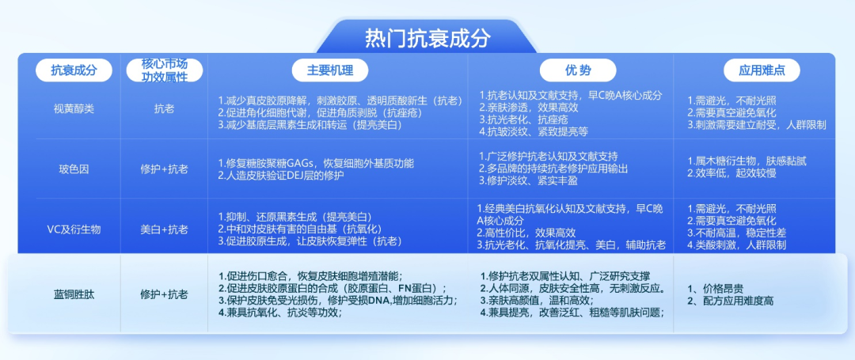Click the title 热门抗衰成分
point(427,39)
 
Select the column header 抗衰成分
point(74,70)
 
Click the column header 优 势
point(577,70)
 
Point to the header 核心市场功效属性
point(164,70)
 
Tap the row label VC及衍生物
point(74,229)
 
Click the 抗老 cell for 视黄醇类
point(164,108)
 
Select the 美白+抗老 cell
point(164,229)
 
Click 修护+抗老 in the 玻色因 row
point(164,169)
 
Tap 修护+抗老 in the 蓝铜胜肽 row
point(164,294)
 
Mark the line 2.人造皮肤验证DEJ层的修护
point(281,176)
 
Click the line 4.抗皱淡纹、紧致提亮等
point(534,131)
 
